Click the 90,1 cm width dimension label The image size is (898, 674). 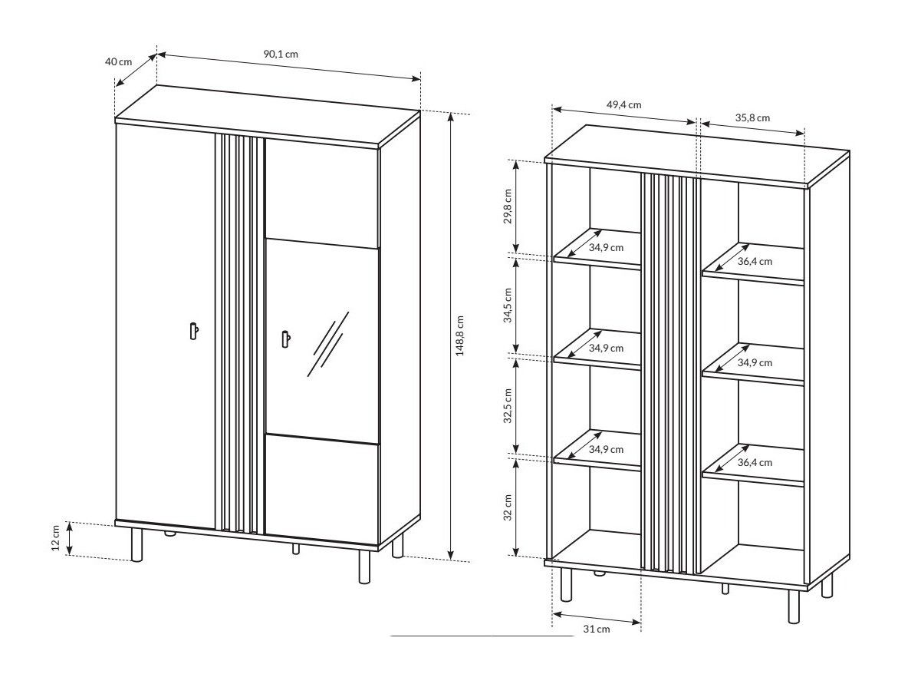click(x=281, y=55)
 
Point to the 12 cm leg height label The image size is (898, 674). click(x=55, y=538)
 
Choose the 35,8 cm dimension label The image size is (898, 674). click(x=752, y=117)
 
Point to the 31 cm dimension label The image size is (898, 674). click(x=596, y=629)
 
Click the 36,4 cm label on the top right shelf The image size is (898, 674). click(x=755, y=261)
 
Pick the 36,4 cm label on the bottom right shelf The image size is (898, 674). click(x=755, y=462)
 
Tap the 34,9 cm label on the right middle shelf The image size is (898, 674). click(x=755, y=362)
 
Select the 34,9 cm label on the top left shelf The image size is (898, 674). click(x=606, y=247)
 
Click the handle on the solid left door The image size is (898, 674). click(x=193, y=330)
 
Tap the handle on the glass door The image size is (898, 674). click(x=285, y=339)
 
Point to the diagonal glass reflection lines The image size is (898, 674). click(x=327, y=344)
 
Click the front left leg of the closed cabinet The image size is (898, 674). click(x=137, y=544)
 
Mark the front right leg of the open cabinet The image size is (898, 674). click(x=794, y=606)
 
